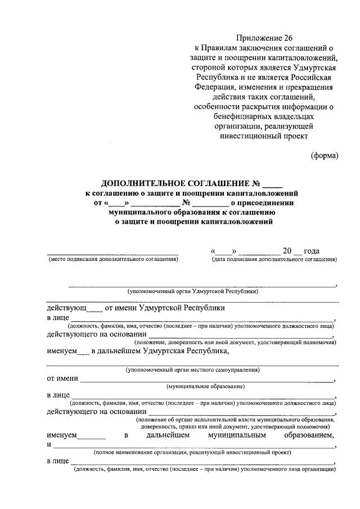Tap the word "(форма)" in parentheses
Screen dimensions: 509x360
[325, 156]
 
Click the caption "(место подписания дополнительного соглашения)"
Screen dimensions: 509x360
[113, 259]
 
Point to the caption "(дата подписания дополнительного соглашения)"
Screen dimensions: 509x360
[274, 259]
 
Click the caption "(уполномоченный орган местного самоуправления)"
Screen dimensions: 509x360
[192, 370]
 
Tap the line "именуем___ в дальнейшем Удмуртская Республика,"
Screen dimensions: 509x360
[138, 352]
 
